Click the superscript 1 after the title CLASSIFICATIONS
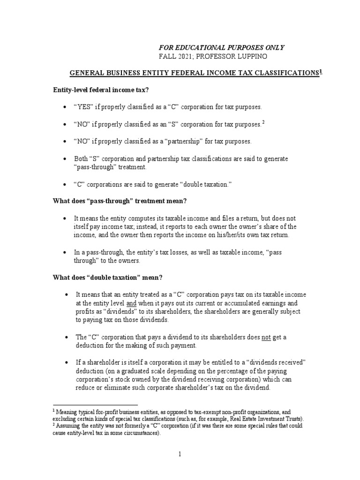(x=321, y=72)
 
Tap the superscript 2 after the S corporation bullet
(x=263, y=123)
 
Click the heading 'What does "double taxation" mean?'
(x=107, y=277)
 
